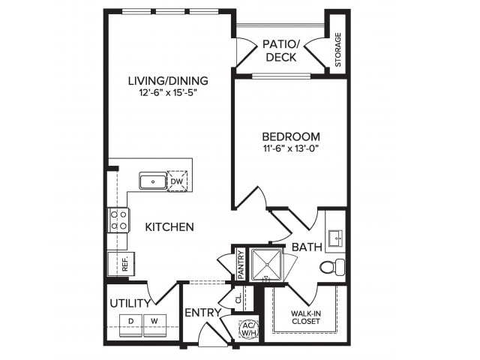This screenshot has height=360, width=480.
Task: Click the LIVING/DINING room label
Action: [167, 80]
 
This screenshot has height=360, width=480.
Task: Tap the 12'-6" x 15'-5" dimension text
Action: [167, 94]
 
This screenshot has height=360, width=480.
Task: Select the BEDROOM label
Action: [291, 136]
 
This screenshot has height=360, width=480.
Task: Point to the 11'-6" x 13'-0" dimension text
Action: [291, 150]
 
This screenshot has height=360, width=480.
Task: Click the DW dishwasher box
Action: [176, 181]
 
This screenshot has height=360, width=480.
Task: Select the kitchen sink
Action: [153, 181]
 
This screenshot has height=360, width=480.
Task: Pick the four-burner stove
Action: [118, 220]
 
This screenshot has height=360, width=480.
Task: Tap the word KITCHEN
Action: [170, 226]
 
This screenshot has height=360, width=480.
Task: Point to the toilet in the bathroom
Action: [331, 265]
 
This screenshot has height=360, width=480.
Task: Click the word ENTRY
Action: [202, 313]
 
